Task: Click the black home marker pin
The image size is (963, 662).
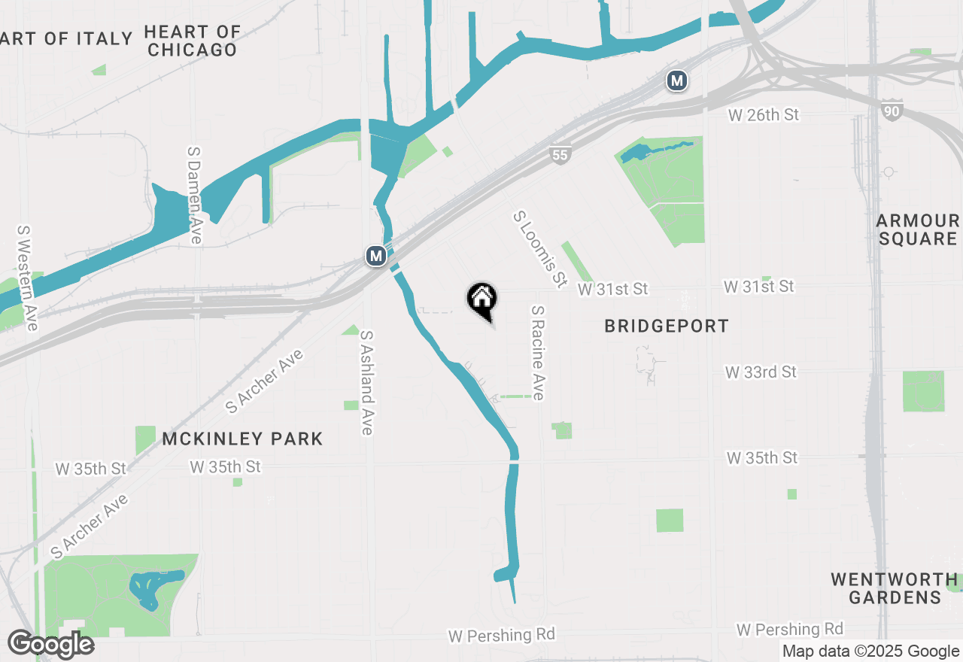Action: coord(482,299)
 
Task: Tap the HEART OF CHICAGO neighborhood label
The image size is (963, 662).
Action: coord(193,41)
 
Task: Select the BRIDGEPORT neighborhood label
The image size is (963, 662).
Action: coord(667,326)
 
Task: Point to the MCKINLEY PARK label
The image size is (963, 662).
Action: coord(242,439)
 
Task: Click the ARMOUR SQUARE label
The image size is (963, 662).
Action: coord(917,230)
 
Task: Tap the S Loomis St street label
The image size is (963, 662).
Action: coord(539,249)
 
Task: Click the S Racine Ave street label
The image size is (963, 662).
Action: coord(538,352)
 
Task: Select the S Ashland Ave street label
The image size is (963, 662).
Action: coord(367,382)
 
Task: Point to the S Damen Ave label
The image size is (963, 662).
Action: coord(195,194)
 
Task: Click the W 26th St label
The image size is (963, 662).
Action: coord(763,115)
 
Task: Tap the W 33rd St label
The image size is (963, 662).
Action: coord(761,372)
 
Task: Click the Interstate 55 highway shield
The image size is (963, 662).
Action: coord(560,155)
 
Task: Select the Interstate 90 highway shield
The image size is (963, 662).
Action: coord(892,111)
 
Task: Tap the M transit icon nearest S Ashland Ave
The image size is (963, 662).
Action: coord(376,256)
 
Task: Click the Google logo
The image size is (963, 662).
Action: coord(50,645)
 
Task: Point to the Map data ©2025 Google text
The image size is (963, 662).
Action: coord(870,651)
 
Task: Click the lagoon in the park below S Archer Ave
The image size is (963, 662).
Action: coord(154,588)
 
